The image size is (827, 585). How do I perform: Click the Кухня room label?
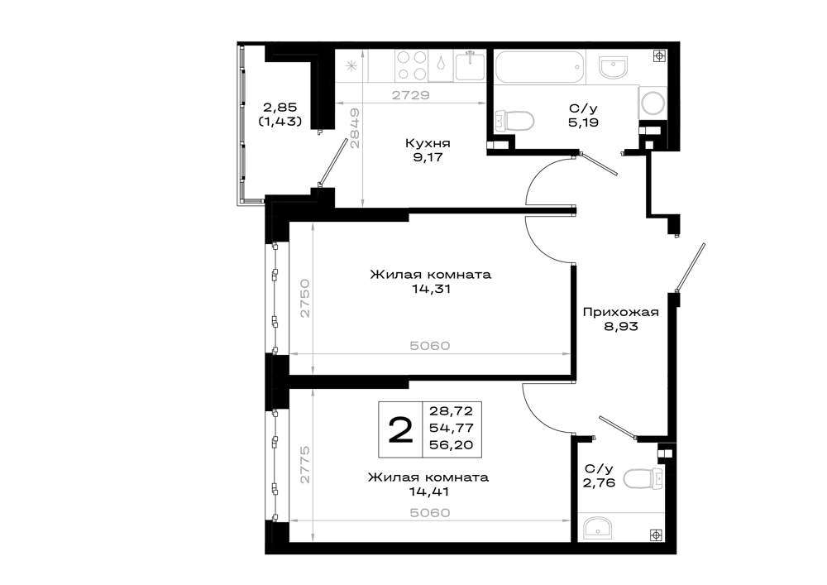[428, 143]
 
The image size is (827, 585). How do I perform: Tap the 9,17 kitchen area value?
[428, 157]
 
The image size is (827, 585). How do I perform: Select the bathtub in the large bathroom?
[540, 67]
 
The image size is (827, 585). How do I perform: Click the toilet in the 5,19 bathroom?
[514, 120]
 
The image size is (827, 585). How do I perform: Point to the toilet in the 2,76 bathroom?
[643, 478]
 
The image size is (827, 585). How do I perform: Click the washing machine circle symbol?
[653, 103]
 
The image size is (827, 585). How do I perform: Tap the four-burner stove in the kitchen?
[411, 65]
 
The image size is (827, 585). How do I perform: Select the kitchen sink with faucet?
[470, 65]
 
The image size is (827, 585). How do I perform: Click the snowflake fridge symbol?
[350, 66]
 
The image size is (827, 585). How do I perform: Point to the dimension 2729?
[410, 95]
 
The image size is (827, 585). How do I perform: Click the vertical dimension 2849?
[356, 128]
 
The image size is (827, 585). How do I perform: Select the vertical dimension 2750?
[305, 298]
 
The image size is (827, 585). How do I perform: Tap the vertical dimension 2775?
[305, 465]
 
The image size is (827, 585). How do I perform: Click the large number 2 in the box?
[400, 430]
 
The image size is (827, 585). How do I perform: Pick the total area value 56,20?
[451, 445]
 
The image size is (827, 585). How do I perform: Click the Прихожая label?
[621, 312]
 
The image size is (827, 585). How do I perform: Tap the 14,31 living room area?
[432, 289]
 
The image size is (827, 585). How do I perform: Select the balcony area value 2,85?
[280, 108]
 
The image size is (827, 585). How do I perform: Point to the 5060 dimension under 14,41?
[430, 513]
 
